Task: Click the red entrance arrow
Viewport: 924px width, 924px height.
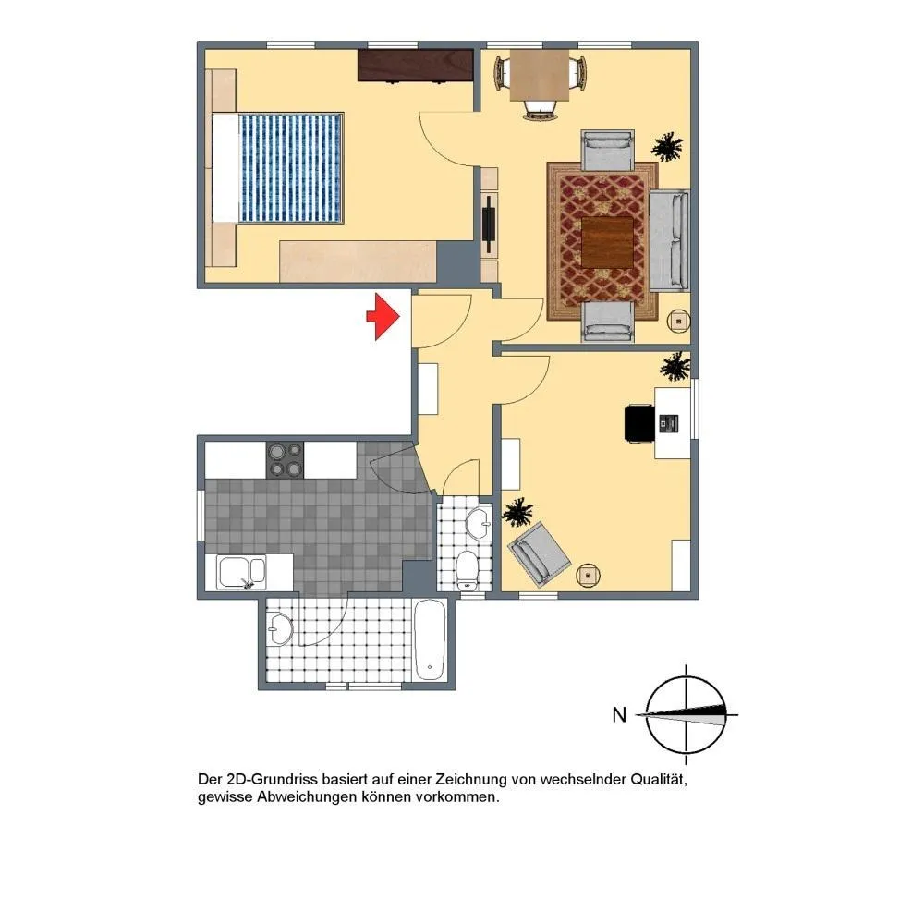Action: tap(383, 316)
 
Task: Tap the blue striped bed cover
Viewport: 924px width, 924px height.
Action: tap(290, 168)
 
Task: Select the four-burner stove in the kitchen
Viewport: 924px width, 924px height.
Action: tap(286, 460)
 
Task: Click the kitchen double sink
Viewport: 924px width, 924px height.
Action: tap(241, 572)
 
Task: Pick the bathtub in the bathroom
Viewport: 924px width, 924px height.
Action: tap(430, 640)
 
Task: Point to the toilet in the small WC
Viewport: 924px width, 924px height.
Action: tap(468, 570)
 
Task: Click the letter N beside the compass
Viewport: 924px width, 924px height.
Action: tap(619, 715)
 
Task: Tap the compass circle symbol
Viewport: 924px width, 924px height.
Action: tap(687, 715)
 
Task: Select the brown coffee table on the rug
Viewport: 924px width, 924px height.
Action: tap(608, 242)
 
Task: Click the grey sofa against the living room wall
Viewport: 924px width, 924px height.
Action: tap(669, 240)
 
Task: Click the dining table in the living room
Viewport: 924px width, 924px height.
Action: tap(540, 76)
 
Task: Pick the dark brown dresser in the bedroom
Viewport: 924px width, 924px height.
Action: tap(416, 66)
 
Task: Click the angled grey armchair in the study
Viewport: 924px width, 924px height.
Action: tap(540, 553)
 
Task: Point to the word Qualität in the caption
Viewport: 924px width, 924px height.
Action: tap(659, 780)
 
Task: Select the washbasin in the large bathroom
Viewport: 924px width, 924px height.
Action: tap(280, 629)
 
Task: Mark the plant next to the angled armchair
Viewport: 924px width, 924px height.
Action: tap(518, 511)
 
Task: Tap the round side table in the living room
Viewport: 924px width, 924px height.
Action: tap(679, 322)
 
